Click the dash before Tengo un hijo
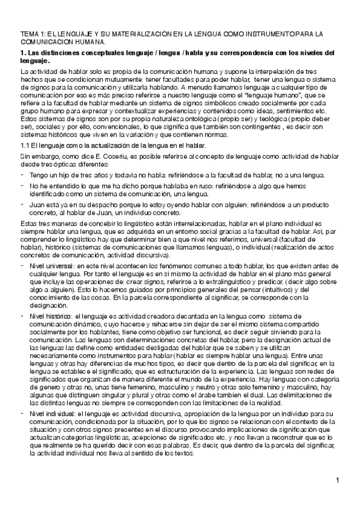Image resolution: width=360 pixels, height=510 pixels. (x=22, y=174)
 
